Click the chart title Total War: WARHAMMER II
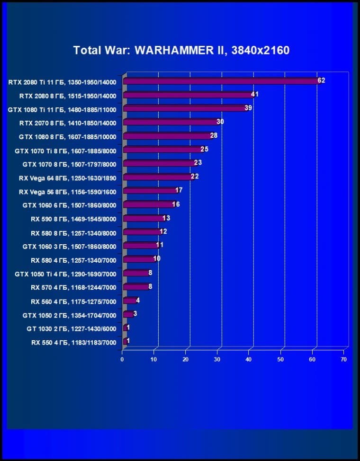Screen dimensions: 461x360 click(x=181, y=50)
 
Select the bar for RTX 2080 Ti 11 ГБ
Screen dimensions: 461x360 click(x=220, y=81)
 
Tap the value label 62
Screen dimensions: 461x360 click(x=321, y=80)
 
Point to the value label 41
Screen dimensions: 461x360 click(x=254, y=94)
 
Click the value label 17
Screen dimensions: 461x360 click(x=179, y=190)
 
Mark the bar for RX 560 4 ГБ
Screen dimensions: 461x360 click(x=129, y=301)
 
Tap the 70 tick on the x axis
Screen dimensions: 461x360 click(x=344, y=360)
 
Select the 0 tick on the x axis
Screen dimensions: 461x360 click(x=122, y=360)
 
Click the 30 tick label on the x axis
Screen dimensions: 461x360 click(x=217, y=360)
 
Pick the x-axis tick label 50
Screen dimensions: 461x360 click(x=281, y=360)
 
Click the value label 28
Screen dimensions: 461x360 click(x=213, y=135)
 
